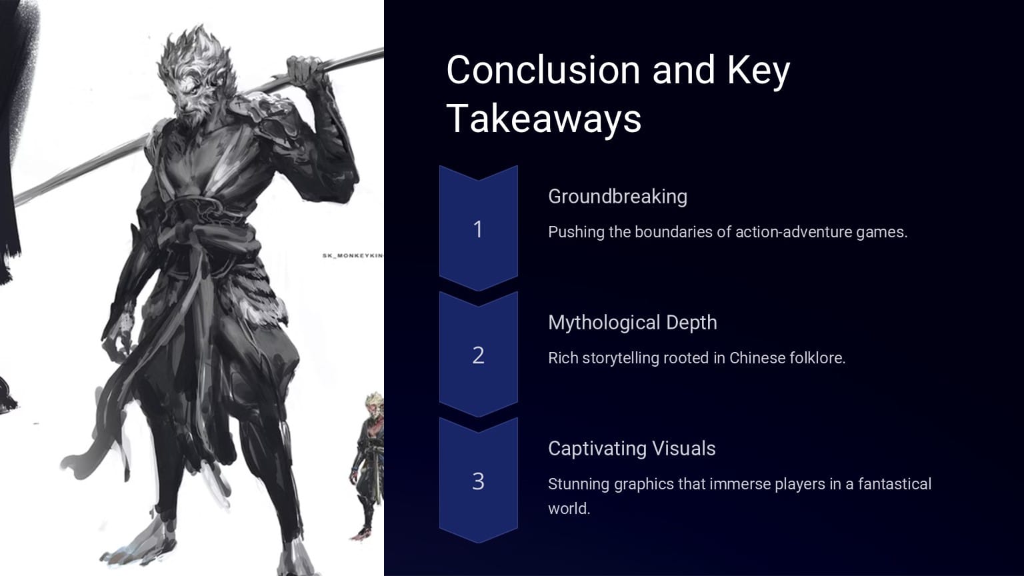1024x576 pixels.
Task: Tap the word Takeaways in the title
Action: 543,119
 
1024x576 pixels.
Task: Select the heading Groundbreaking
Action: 617,197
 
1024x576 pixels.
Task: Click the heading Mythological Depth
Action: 632,323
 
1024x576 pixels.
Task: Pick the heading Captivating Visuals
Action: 631,449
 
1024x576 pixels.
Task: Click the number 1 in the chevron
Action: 478,229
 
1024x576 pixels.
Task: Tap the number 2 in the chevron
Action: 478,355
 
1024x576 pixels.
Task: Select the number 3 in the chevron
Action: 478,481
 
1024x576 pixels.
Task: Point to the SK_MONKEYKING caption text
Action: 353,255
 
